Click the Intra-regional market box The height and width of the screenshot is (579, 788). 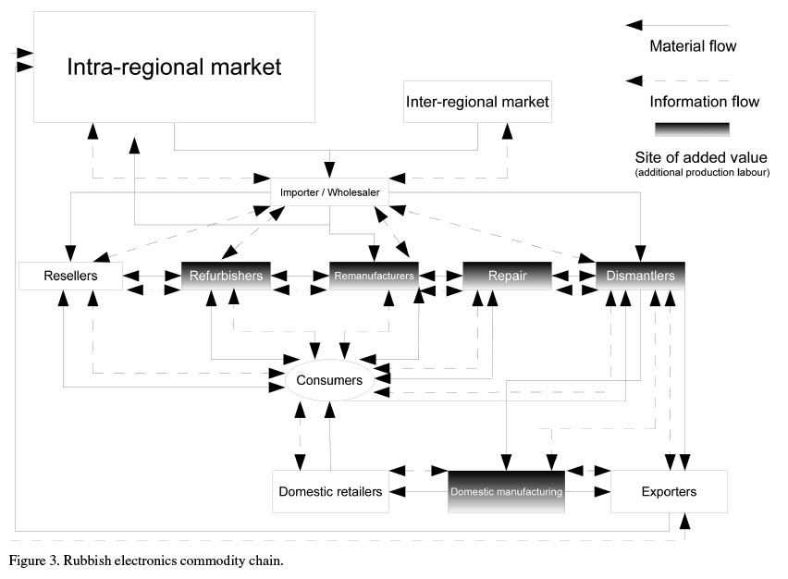click(x=174, y=67)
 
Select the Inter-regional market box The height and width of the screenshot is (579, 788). click(x=477, y=102)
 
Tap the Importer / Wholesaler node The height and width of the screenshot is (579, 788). click(x=330, y=191)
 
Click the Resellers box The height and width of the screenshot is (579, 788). click(x=70, y=276)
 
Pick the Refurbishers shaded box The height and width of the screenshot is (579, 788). click(x=226, y=276)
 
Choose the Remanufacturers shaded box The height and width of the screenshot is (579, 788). click(x=374, y=276)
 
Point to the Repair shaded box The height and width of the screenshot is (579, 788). click(x=507, y=276)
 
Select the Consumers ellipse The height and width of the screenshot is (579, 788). click(x=329, y=379)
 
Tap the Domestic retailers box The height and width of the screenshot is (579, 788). click(x=330, y=491)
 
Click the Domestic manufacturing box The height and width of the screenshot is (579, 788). click(x=506, y=491)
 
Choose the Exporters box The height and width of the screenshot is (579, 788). click(x=668, y=491)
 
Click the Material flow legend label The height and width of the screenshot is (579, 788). click(x=693, y=45)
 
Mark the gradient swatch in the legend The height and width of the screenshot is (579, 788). click(x=692, y=129)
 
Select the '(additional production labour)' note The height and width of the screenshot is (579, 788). click(x=702, y=173)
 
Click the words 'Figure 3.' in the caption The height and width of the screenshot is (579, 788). click(x=34, y=561)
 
